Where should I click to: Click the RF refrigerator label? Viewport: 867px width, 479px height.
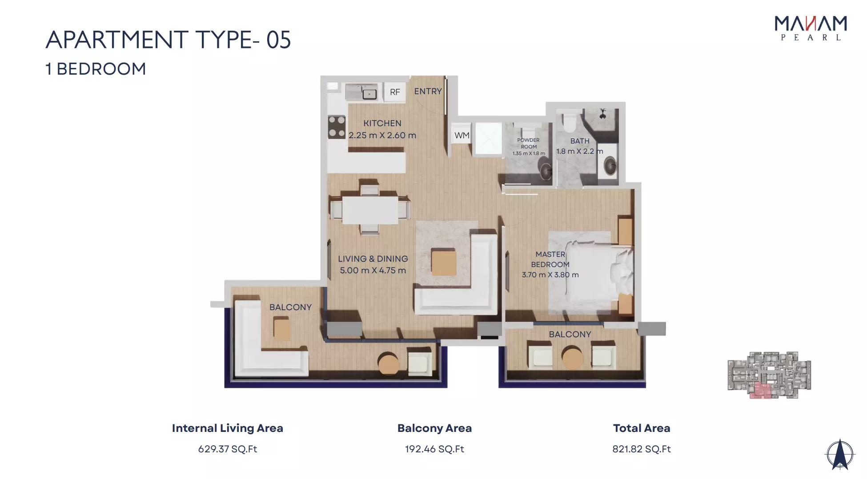395,92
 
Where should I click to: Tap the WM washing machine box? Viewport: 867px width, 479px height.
462,136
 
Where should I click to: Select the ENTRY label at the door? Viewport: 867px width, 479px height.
428,91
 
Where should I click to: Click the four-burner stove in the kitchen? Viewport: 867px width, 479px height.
337,127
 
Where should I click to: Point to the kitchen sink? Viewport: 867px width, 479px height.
369,94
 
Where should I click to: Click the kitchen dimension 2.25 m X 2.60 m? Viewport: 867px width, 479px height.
382,135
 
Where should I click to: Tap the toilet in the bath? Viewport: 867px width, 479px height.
569,122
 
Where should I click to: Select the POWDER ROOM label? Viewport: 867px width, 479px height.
529,143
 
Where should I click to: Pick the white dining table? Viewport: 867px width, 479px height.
370,210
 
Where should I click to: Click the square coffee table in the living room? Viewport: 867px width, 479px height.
444,262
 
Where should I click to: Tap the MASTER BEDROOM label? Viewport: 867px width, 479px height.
550,259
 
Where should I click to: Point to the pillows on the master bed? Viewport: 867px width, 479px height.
622,271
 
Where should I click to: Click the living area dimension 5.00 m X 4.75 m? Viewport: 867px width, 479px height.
373,270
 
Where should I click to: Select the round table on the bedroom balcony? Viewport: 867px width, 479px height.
572,357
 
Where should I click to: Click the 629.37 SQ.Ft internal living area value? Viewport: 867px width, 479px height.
228,449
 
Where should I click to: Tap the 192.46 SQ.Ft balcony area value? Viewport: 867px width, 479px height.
434,449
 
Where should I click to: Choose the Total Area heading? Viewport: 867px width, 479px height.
642,428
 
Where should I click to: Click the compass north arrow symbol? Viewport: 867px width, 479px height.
840,454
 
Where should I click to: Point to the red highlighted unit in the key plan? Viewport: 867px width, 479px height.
760,391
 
